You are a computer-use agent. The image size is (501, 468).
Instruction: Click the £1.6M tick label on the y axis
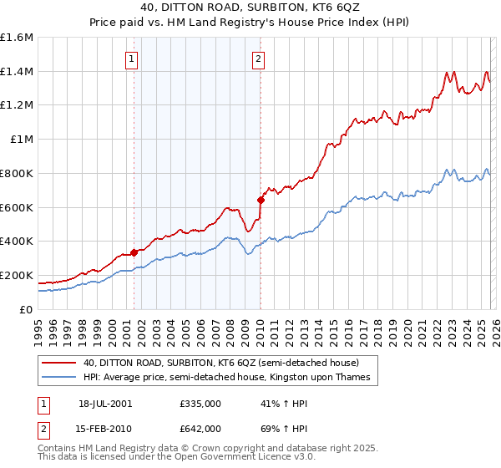[18, 38]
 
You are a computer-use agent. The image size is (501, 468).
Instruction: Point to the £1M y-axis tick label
[21, 140]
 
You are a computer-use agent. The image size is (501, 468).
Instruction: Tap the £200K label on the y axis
[17, 275]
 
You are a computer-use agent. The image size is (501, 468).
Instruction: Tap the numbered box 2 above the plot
[259, 58]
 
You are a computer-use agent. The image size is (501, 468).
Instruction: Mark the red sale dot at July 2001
[134, 252]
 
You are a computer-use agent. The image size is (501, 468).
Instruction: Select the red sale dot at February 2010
[261, 200]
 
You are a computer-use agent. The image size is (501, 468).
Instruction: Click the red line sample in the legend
[60, 363]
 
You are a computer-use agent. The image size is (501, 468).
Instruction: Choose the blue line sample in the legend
[60, 378]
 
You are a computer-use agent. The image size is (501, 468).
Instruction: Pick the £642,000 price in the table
[200, 428]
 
